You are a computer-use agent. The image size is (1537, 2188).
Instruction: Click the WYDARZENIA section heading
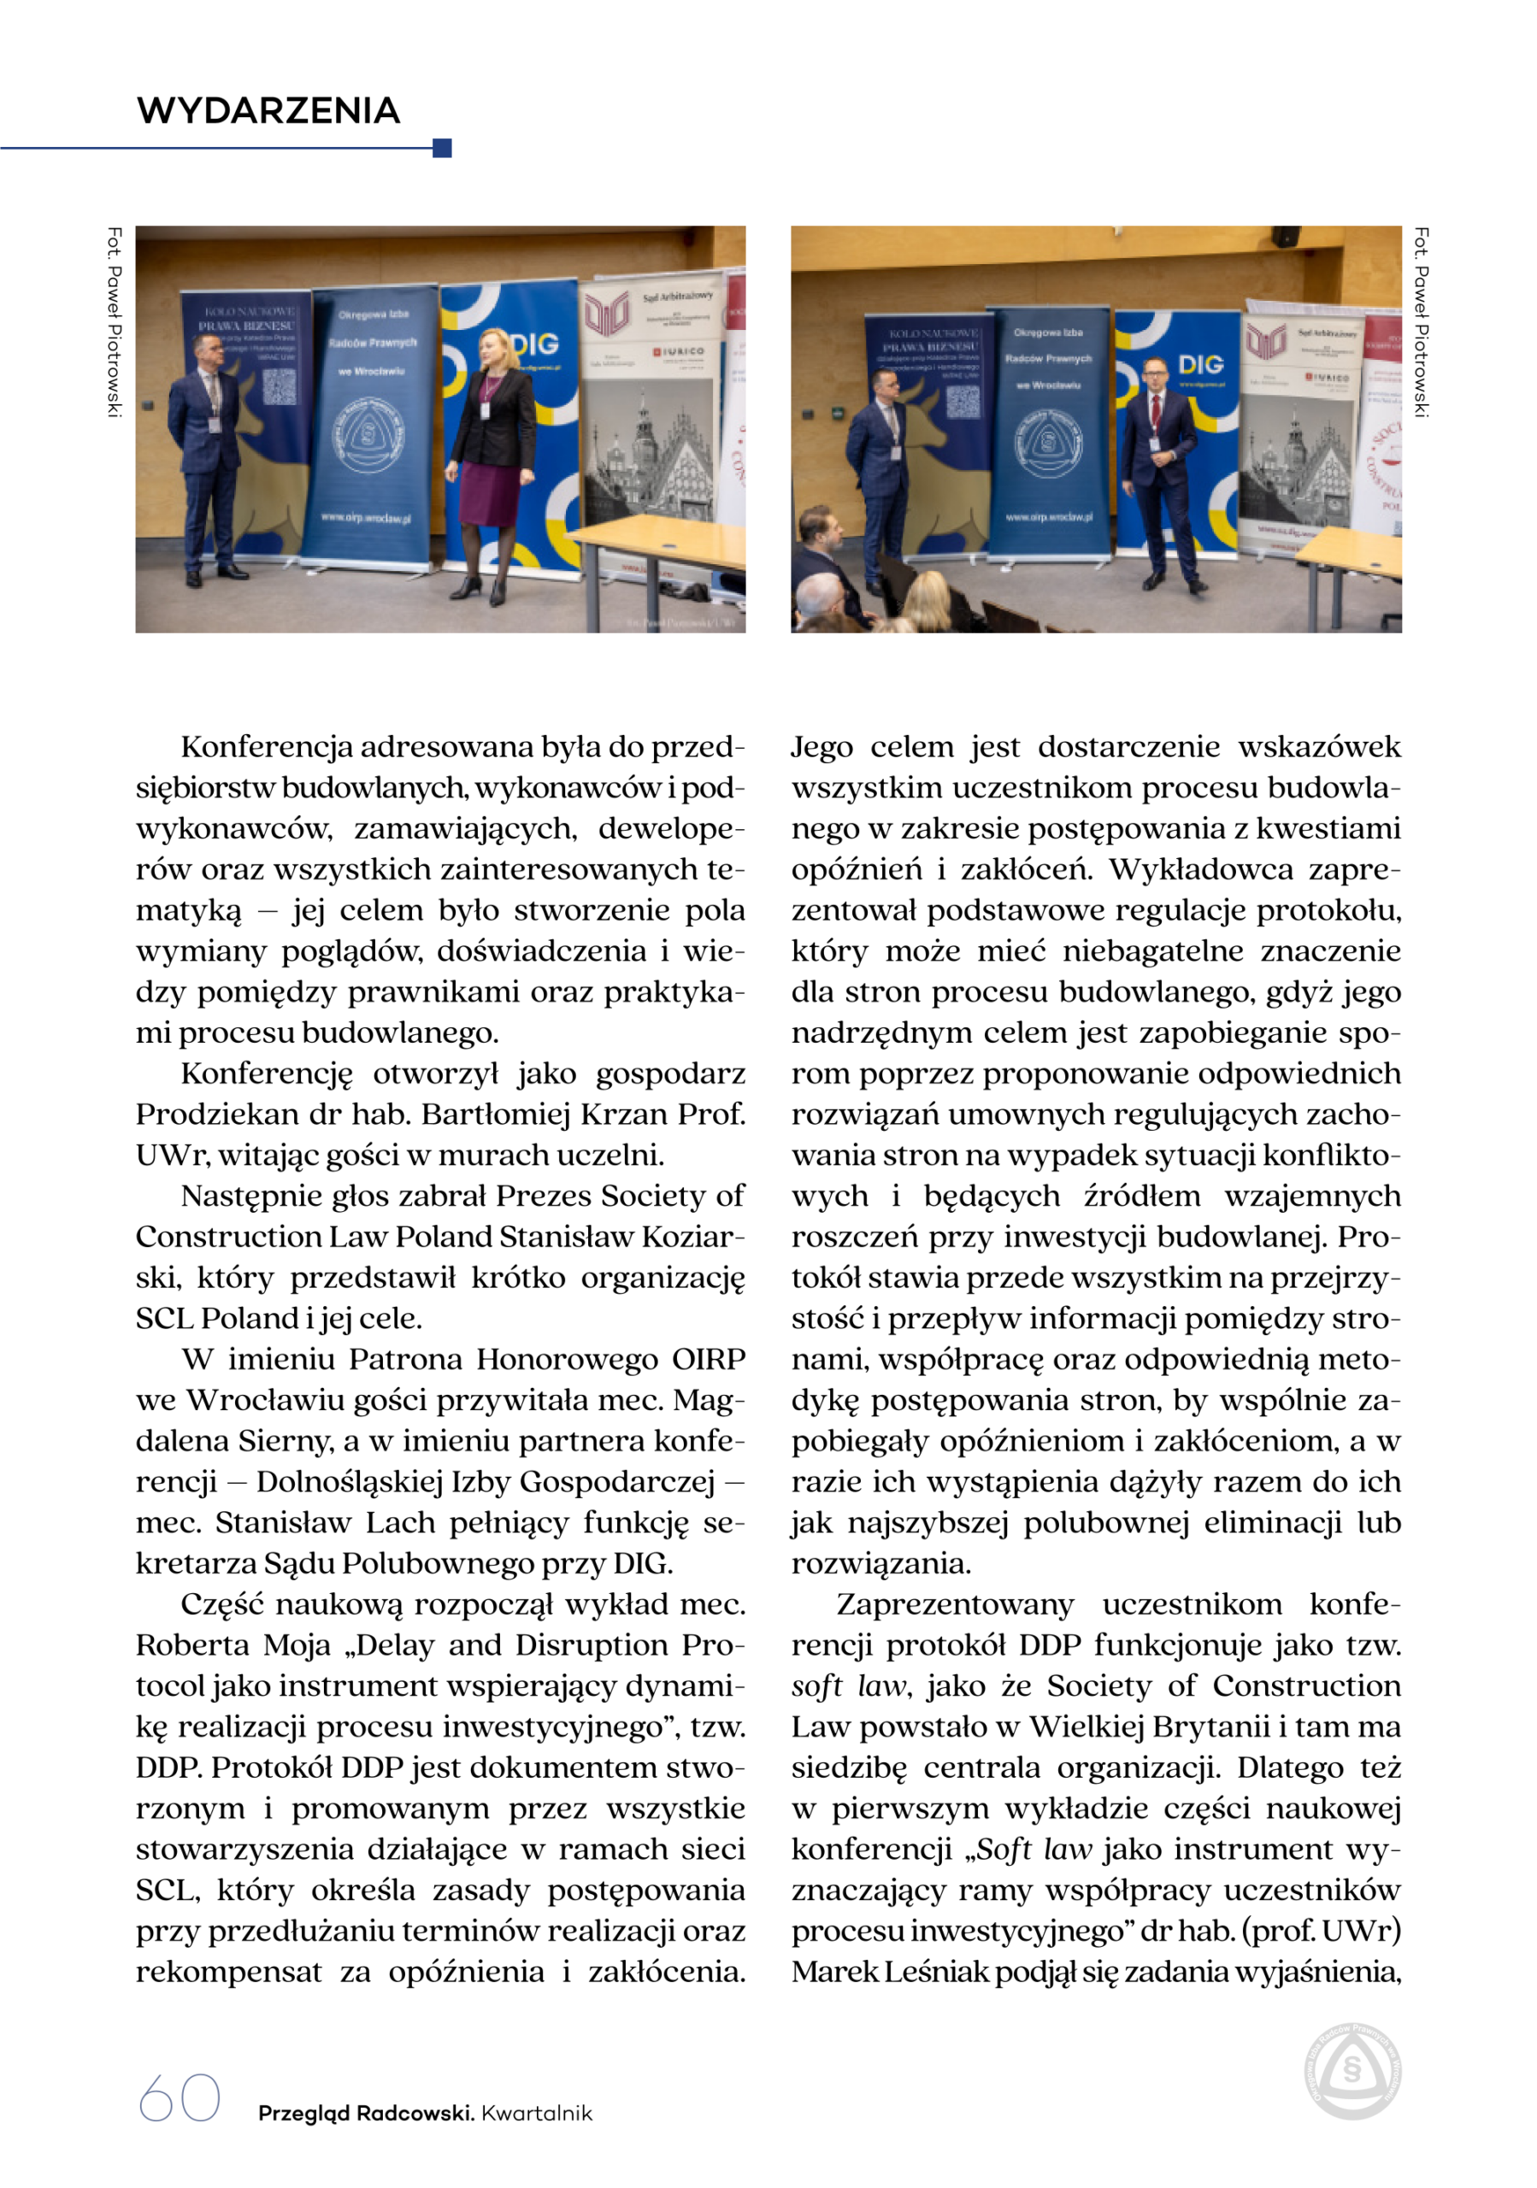268,110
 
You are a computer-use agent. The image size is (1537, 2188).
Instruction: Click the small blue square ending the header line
441,148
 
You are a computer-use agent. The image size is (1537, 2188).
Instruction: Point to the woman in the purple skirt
492,457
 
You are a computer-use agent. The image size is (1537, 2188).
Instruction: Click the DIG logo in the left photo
534,345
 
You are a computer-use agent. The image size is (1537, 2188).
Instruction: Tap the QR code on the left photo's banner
280,387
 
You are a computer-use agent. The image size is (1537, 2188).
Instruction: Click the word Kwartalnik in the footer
537,2113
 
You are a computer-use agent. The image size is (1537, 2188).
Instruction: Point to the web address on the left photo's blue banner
366,517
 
